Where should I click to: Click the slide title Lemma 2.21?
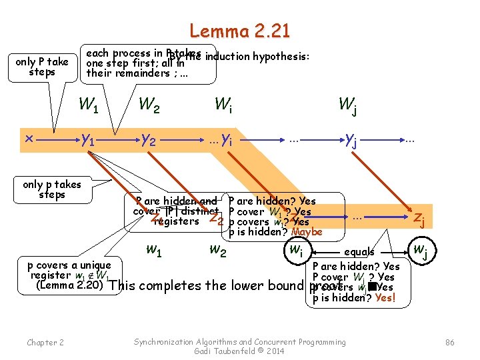(239, 31)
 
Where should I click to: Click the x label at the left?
(29, 138)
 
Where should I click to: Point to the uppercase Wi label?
(223, 105)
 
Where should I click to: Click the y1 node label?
(87, 139)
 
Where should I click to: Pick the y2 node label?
(149, 139)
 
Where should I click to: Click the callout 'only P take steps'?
(42, 67)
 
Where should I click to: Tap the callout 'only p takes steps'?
(52, 189)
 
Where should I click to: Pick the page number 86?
(449, 342)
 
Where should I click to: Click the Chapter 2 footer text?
(45, 343)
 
